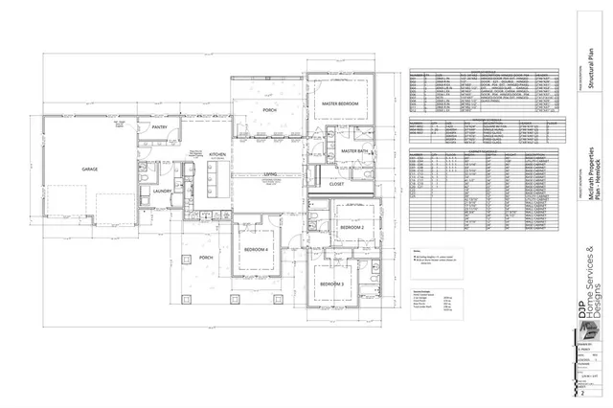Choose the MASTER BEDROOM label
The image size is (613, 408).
pyautogui.click(x=340, y=103)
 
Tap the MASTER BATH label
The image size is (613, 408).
pyautogui.click(x=355, y=151)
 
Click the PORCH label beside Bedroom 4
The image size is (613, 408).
pyautogui.click(x=205, y=258)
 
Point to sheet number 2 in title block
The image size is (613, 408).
pyautogui.click(x=581, y=393)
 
